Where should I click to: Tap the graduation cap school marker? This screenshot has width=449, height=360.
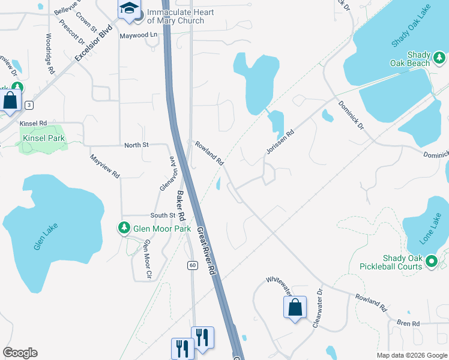128,9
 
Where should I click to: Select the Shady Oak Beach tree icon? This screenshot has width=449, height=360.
439,58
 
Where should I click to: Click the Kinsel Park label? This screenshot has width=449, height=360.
43,138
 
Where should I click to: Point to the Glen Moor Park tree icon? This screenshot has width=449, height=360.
124,228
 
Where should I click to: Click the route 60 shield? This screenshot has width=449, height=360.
192,265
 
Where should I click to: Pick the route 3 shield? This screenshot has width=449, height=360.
28,105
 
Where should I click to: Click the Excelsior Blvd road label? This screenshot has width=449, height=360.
94,43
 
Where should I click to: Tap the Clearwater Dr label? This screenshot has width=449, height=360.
318,310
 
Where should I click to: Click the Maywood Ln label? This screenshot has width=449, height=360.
137,35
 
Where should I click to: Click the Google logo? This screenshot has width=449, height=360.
20,353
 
